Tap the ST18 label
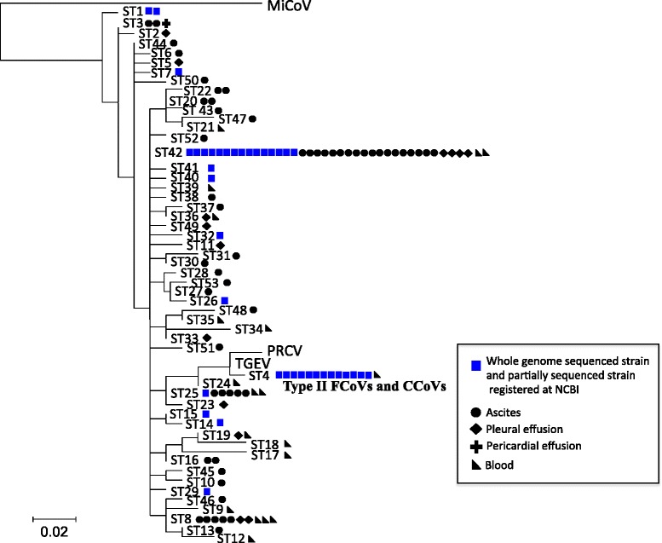(266, 444)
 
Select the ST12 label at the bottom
(230, 538)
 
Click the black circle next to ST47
(253, 119)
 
